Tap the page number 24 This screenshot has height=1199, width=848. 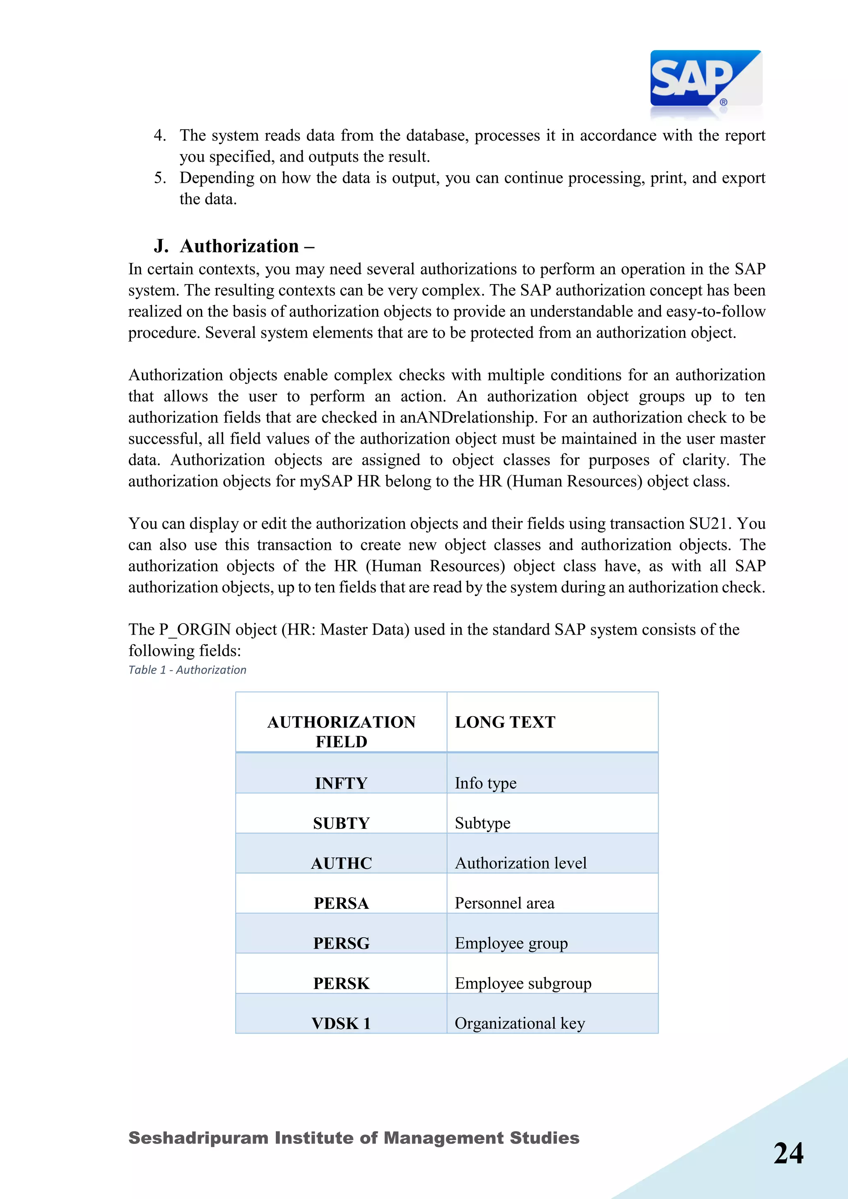pos(788,1153)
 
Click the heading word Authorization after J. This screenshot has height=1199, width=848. pos(239,246)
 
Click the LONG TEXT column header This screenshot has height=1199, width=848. pos(505,722)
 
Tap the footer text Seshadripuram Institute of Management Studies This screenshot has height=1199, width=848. pos(354,1138)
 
